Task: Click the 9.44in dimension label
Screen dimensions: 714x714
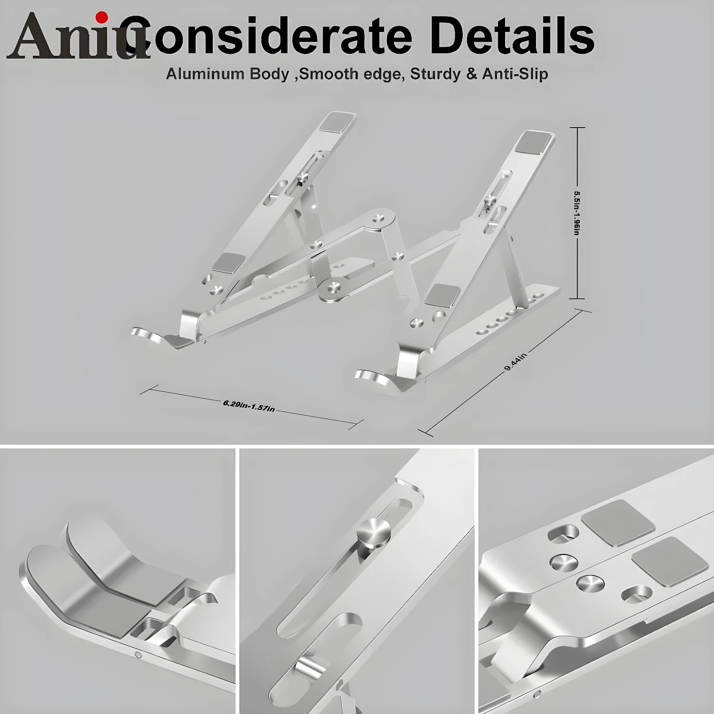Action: [516, 362]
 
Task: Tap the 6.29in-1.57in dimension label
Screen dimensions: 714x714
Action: [248, 406]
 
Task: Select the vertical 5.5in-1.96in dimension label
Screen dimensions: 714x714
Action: [577, 213]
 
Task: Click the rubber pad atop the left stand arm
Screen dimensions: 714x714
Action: [337, 122]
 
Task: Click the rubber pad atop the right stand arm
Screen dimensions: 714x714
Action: [535, 142]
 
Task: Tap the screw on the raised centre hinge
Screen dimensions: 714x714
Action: [378, 218]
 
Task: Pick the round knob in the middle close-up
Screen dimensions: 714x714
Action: [374, 532]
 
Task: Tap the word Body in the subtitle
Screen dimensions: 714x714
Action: [269, 74]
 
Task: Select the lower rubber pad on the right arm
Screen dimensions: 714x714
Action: [443, 295]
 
